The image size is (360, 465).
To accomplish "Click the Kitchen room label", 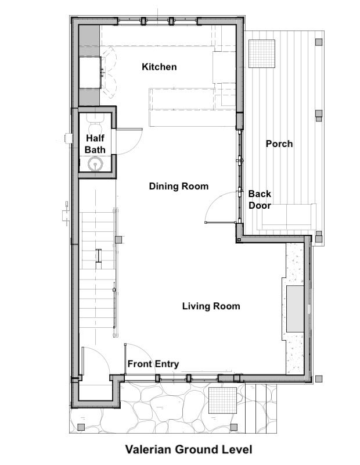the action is (x=159, y=67).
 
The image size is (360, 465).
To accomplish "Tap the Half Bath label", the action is (x=95, y=144).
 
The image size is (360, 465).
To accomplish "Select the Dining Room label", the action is (x=179, y=186).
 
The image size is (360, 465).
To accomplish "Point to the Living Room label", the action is (x=211, y=306).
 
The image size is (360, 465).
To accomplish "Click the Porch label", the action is (x=279, y=144).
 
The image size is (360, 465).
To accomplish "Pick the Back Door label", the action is (x=260, y=199).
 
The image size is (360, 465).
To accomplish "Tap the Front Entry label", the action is (x=153, y=364).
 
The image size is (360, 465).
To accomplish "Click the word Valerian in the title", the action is (x=148, y=449).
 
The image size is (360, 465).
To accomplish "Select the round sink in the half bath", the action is (x=95, y=164).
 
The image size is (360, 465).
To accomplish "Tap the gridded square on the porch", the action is (x=262, y=53).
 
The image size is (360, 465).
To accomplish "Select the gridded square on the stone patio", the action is (x=223, y=400).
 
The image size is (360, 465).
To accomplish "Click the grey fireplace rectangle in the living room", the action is (x=295, y=309).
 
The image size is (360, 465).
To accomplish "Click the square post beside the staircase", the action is (x=119, y=239).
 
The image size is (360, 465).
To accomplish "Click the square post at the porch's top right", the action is (x=319, y=42).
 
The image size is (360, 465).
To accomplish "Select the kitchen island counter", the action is (x=182, y=108).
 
